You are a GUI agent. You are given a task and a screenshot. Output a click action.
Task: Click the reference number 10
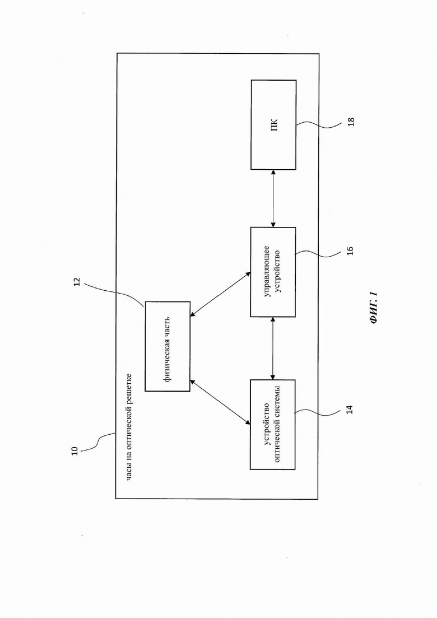(75, 451)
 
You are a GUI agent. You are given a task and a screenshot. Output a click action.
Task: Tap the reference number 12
(77, 282)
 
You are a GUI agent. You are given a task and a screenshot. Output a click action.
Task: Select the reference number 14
(350, 409)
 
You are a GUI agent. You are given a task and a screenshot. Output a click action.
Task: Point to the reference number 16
(350, 250)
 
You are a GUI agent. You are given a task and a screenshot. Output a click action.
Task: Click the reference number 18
(351, 122)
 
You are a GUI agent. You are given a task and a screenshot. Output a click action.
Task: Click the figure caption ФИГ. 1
(374, 309)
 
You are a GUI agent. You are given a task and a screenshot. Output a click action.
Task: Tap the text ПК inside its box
(275, 125)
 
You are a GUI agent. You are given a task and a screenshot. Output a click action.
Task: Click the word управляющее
(266, 272)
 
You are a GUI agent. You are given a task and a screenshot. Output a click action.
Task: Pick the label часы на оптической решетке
(129, 427)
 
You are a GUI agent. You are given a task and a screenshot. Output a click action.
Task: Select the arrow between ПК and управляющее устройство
(273, 199)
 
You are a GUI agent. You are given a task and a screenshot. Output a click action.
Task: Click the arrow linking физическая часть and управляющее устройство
(220, 294)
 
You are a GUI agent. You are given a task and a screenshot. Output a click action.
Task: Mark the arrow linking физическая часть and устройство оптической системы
(220, 402)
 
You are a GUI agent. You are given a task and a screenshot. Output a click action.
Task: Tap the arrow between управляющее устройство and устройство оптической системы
(273, 349)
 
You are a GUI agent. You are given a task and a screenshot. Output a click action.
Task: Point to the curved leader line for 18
(319, 124)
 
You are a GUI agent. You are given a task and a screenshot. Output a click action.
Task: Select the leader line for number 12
(114, 294)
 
